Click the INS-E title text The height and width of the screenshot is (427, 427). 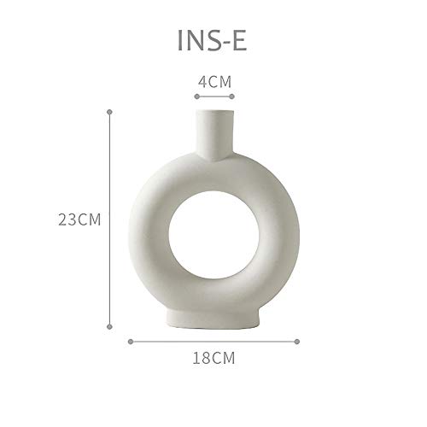(212, 40)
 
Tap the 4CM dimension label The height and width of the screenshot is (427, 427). (214, 82)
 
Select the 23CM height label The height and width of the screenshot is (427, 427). (79, 219)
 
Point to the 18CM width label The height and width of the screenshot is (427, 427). (213, 358)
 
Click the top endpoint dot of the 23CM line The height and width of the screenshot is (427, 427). (109, 112)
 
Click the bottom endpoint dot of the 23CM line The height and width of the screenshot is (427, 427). (109, 326)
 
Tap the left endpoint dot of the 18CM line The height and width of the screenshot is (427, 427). (131, 342)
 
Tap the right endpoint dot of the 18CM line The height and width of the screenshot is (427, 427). (297, 342)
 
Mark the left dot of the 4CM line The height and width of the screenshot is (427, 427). (197, 97)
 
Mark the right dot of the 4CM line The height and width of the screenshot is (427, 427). (231, 97)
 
